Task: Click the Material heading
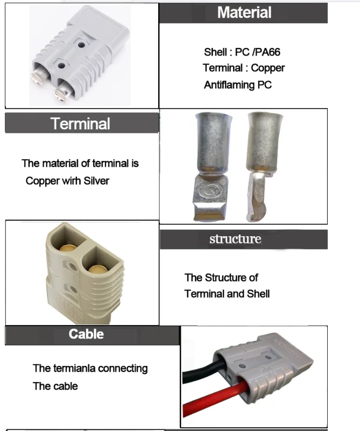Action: (x=244, y=13)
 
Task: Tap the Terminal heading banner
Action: (x=81, y=124)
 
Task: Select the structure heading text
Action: (x=235, y=239)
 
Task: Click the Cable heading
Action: (x=86, y=334)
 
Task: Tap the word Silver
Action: (x=96, y=181)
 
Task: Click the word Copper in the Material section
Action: (x=268, y=68)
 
